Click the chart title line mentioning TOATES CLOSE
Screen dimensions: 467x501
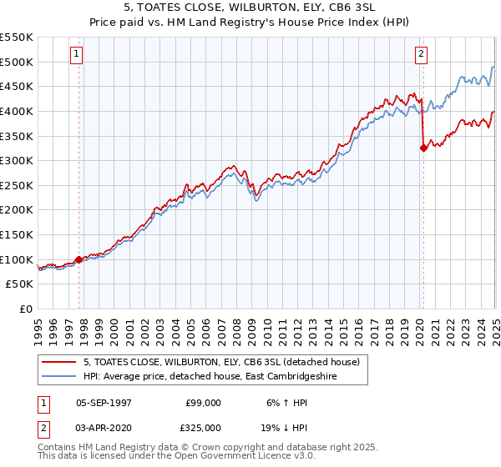[250, 9]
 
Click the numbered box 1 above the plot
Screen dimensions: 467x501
[76, 55]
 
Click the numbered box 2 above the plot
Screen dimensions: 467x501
[421, 55]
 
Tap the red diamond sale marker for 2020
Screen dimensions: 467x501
[423, 148]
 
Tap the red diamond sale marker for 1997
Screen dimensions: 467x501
[79, 260]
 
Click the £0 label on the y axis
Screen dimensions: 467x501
[26, 309]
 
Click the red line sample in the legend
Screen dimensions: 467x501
[60, 362]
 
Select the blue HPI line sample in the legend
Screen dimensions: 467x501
[60, 376]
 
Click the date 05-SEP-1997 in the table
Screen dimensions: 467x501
[104, 403]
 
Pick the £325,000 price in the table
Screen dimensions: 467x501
[204, 427]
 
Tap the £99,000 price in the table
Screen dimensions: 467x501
[204, 403]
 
